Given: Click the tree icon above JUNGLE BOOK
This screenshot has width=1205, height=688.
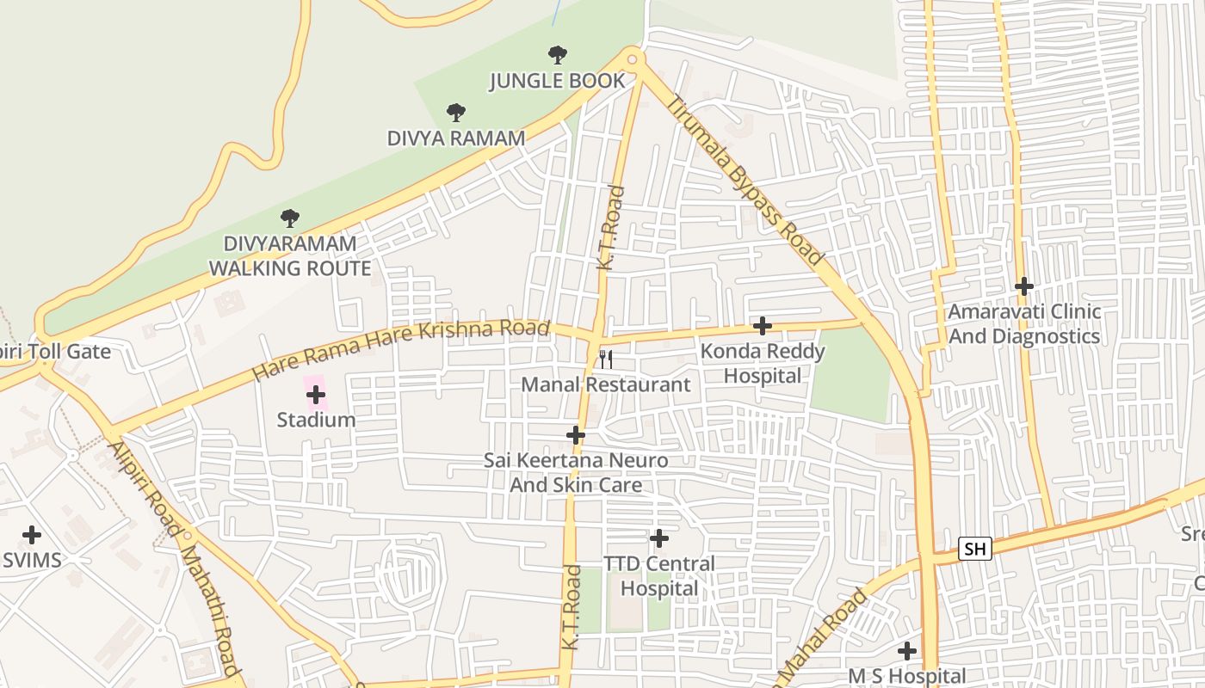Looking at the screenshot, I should (558, 55).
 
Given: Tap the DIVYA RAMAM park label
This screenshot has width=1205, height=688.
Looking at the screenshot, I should (455, 138).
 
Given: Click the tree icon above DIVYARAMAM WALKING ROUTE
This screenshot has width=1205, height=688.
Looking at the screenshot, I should (290, 218).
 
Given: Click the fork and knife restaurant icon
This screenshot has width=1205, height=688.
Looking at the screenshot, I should (606, 359).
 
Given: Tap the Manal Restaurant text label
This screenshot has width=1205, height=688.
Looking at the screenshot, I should (606, 384).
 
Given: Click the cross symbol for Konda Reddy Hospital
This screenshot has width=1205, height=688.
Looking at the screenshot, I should (762, 326).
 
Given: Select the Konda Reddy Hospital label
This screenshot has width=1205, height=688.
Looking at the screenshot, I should (762, 363).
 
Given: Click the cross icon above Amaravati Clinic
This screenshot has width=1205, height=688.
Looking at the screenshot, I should (1023, 286).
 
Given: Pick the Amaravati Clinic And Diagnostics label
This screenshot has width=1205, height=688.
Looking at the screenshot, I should (1023, 323).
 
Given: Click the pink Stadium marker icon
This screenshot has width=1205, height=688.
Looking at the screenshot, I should (316, 395).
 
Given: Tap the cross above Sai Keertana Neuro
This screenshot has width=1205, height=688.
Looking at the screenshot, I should (576, 435).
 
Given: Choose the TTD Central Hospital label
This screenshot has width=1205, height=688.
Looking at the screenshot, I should (658, 576).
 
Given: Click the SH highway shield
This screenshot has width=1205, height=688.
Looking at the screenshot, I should (974, 548).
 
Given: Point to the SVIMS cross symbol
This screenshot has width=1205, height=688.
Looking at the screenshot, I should (32, 535).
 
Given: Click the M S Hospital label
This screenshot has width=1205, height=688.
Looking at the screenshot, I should (906, 676).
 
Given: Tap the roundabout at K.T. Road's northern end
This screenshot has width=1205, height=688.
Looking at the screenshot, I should (633, 58).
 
